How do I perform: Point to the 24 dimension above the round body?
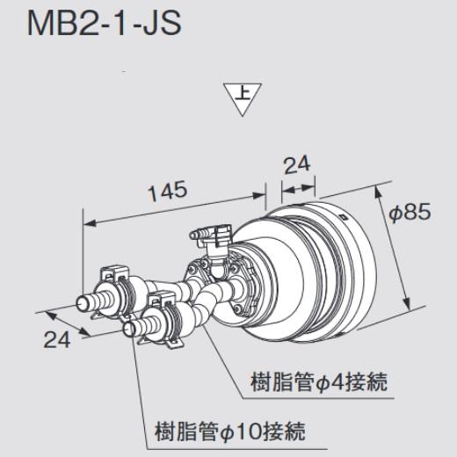pos(298,164)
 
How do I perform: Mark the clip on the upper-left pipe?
pos(113,281)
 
